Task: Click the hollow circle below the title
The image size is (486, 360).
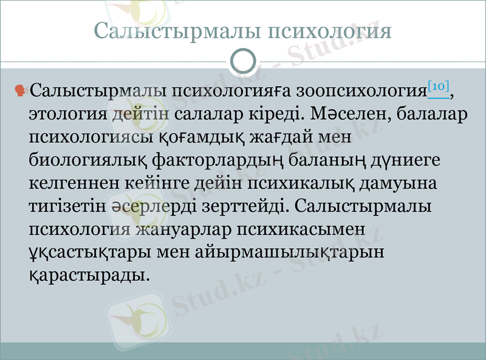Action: coord(244,62)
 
